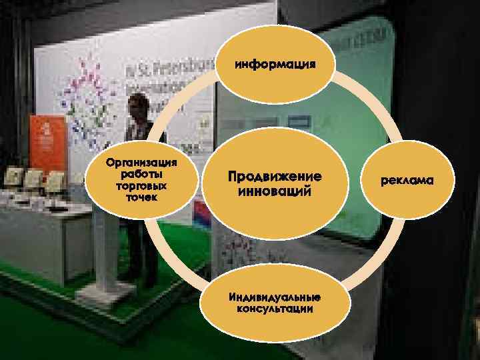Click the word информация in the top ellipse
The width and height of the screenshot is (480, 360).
pos(274,65)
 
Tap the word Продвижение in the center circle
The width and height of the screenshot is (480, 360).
pos(274,177)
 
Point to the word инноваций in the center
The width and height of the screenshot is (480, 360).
pos(274,191)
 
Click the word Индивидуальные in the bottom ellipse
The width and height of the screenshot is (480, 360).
pos(274,297)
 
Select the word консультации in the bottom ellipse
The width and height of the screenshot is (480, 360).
pos(274,309)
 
